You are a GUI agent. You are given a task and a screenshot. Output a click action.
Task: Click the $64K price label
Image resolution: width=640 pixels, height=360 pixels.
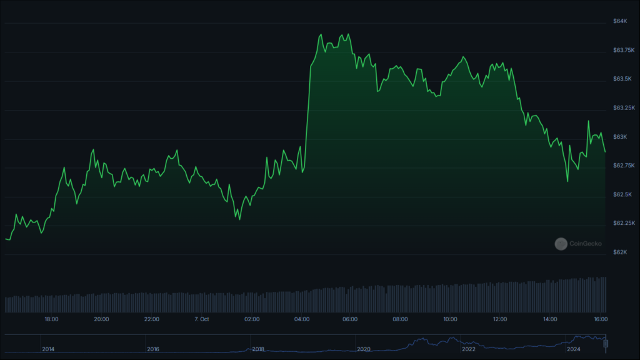620,21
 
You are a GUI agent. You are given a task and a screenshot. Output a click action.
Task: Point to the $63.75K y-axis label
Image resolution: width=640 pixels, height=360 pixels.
624,50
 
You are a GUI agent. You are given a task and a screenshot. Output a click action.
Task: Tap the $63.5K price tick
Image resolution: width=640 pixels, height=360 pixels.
622,79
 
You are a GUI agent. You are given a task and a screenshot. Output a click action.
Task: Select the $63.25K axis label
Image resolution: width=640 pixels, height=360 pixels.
624,107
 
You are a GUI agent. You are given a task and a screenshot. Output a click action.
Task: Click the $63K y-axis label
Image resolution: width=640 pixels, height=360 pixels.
620,137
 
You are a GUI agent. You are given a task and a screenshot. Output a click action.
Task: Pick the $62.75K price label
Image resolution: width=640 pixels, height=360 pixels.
624,165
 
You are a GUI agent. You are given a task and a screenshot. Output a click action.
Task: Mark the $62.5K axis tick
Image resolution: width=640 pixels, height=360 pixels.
622,194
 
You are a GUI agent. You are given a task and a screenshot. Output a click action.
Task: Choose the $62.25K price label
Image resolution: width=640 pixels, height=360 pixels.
624,223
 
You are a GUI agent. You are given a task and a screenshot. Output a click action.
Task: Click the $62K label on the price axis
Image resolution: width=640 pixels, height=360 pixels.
620,252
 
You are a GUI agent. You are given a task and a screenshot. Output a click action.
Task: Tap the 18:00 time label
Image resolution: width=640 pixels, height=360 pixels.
51,319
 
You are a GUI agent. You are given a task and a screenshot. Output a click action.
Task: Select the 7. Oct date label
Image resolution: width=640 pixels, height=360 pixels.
202,319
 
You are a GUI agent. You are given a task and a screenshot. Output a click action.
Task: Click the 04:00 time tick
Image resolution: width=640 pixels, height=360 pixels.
302,319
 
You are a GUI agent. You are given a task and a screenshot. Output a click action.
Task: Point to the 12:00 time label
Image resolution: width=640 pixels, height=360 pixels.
500,319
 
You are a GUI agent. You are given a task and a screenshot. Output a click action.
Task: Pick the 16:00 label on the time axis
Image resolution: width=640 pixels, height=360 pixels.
601,319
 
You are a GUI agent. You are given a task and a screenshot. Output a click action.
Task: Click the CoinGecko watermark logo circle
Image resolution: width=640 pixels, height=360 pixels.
561,244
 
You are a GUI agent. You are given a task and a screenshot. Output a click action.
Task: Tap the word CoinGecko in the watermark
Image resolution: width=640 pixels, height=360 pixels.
585,244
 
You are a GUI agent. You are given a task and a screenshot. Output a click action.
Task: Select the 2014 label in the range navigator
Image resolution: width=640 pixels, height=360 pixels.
48,349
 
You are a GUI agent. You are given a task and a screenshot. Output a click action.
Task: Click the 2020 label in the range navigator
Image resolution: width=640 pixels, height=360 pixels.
363,349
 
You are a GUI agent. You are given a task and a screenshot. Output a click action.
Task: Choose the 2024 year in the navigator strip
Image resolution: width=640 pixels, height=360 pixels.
574,349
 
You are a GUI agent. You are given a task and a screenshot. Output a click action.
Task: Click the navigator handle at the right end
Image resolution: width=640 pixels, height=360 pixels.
606,344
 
